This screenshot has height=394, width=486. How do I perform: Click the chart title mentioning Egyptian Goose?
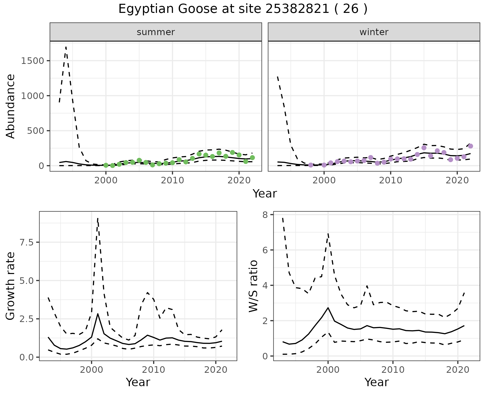(x=243, y=9)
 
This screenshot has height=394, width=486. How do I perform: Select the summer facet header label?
(x=156, y=32)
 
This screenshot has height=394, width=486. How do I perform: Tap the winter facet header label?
(x=374, y=32)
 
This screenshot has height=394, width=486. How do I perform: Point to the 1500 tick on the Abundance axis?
(x=32, y=61)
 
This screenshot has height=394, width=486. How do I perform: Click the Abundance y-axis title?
(x=11, y=106)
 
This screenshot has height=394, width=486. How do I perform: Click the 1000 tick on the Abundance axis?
(x=32, y=96)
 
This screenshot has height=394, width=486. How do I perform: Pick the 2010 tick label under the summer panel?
(x=172, y=180)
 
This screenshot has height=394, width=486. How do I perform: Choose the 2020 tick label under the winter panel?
(x=457, y=180)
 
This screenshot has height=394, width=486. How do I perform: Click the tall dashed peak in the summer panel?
(x=66, y=47)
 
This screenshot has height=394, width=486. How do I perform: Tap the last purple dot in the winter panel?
(x=471, y=146)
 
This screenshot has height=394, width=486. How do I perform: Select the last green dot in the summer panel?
(x=252, y=158)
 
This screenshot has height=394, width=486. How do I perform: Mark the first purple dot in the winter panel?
(x=311, y=165)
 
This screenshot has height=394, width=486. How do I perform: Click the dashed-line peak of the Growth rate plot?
(x=98, y=218)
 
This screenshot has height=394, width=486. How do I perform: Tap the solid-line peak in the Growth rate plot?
(x=98, y=314)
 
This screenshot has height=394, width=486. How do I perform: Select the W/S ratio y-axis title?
(x=253, y=286)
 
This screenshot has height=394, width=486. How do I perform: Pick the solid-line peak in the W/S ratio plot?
(x=328, y=308)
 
